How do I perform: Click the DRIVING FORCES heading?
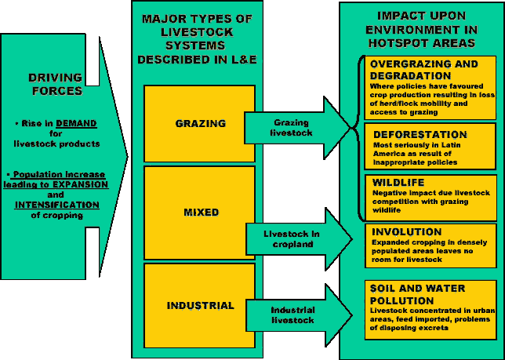click(x=55, y=84)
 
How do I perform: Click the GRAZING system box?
click(x=199, y=123)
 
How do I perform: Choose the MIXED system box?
click(x=199, y=213)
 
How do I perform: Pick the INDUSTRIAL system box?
click(x=199, y=305)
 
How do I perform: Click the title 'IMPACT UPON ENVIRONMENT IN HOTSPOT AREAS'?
click(x=422, y=29)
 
